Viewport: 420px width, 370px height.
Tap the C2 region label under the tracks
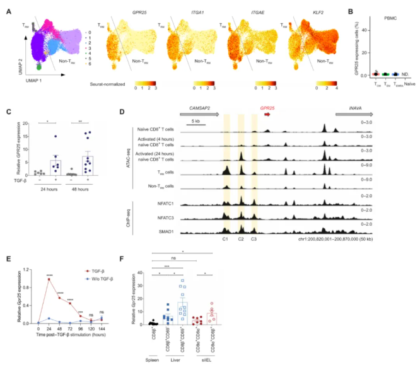coord(241,240)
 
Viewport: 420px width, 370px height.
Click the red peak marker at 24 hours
coord(48,279)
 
